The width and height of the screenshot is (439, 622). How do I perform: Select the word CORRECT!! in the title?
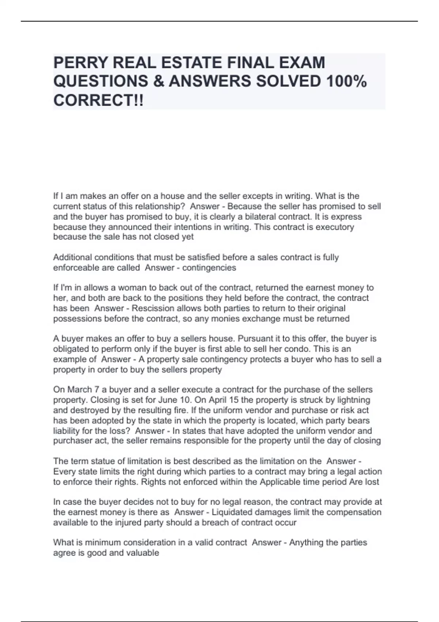coord(98,100)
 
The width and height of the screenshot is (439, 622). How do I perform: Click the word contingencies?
coord(209,268)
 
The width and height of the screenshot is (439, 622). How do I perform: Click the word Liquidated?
coord(234,512)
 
